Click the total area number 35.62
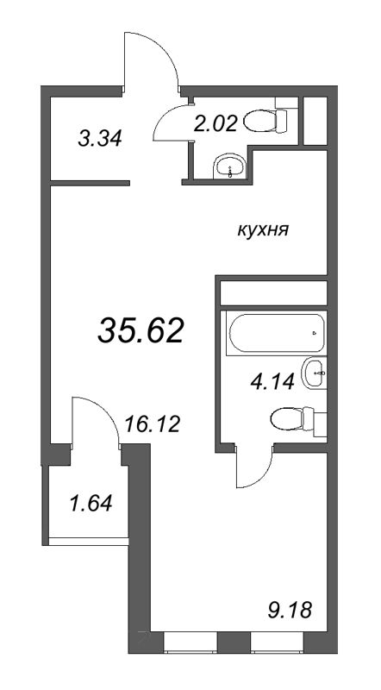[141, 331]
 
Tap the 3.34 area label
[99, 139]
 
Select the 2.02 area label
[215, 123]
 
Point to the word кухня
[263, 229]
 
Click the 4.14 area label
[272, 382]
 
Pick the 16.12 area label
[153, 424]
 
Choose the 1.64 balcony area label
[91, 503]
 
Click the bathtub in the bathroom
[276, 332]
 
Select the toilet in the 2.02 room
[265, 120]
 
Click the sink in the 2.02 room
[229, 166]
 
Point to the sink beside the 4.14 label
[314, 373]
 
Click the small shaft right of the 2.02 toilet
[315, 120]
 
